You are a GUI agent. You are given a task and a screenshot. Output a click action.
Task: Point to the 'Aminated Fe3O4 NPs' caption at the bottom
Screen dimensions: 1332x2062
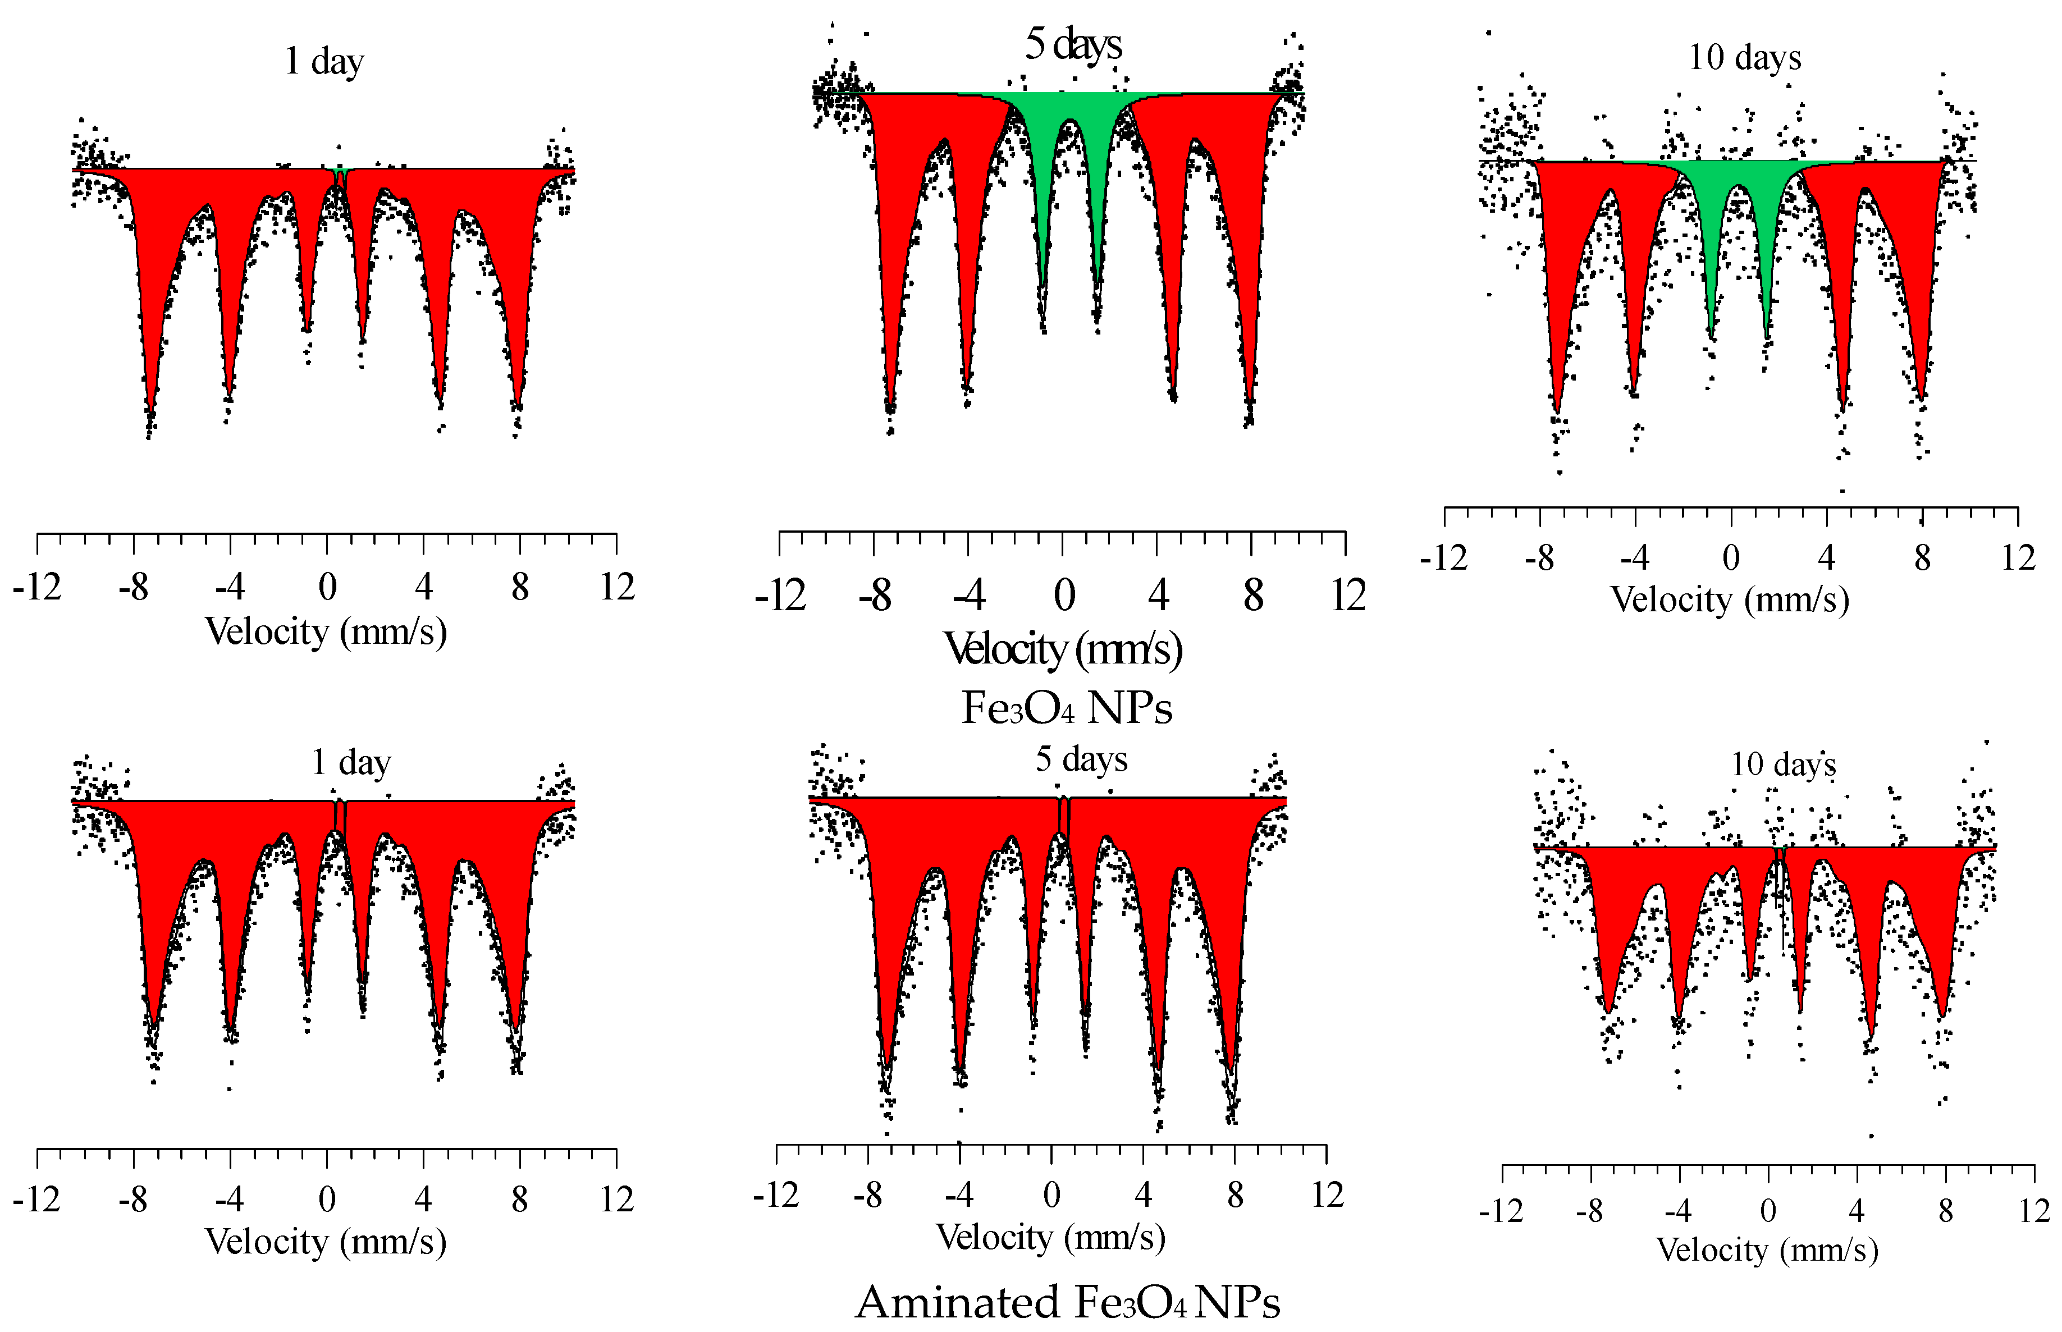coord(1067,1302)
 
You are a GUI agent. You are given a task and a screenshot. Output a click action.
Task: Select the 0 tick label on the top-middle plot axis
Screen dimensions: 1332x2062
coord(1064,596)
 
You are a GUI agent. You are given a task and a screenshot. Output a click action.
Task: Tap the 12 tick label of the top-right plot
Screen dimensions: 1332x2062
coord(2017,559)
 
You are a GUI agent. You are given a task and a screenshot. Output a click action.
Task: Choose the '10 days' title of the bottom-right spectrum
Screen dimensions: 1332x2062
coord(1782,765)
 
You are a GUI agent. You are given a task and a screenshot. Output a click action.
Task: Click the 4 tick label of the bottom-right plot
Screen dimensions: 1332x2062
coord(1856,1211)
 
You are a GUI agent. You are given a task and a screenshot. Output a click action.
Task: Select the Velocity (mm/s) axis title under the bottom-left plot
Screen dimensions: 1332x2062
coord(325,1242)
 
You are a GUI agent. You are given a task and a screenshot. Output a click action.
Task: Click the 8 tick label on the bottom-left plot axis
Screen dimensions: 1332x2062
coord(519,1200)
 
